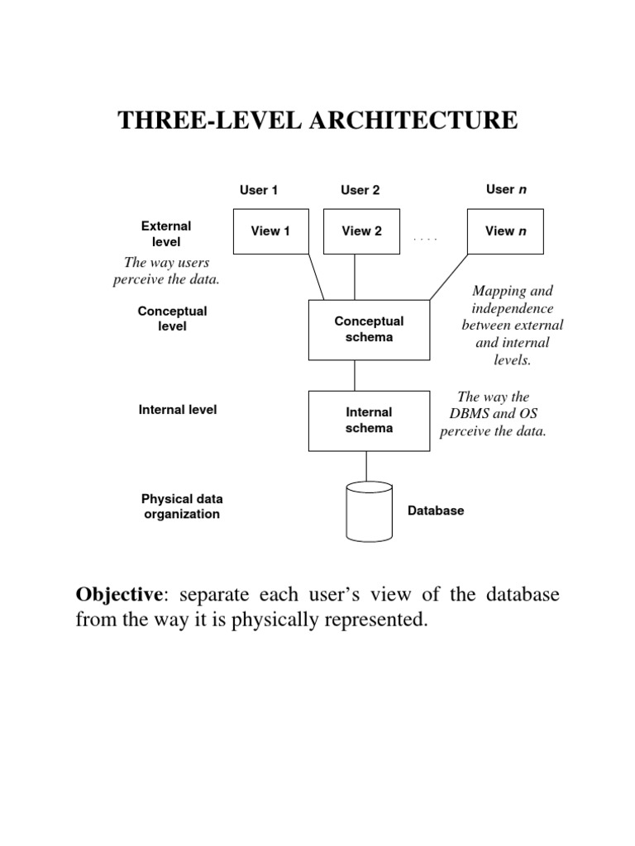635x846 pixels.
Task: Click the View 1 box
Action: [x=270, y=231]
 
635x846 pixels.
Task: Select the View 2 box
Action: [x=361, y=231]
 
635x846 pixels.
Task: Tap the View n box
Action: [x=506, y=231]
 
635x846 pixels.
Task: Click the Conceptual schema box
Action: [x=369, y=330]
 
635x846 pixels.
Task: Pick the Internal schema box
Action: [x=369, y=421]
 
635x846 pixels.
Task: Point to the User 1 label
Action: [x=259, y=190]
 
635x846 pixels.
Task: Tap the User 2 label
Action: [x=360, y=190]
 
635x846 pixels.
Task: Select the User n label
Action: [x=506, y=189]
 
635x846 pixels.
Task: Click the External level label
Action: [x=166, y=234]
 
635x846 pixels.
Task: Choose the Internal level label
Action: [x=178, y=409]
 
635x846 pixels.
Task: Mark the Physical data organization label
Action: [x=182, y=506]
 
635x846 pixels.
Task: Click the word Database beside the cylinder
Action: [x=436, y=511]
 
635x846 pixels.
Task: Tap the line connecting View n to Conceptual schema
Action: [x=448, y=278]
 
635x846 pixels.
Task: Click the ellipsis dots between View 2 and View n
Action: [x=425, y=239]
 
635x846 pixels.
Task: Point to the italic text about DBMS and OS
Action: [x=493, y=415]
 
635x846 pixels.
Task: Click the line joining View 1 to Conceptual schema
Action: [x=315, y=278]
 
